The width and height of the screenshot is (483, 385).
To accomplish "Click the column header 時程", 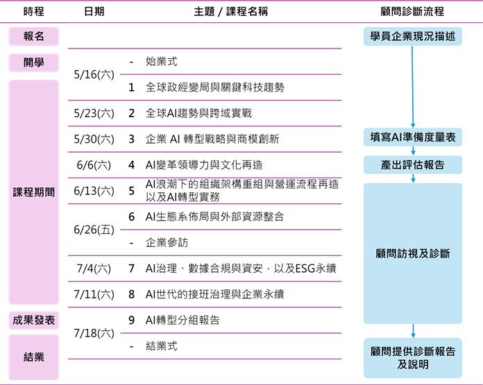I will [33, 12].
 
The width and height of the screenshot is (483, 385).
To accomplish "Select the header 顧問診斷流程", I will [412, 12].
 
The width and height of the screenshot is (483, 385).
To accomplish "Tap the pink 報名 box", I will [33, 36].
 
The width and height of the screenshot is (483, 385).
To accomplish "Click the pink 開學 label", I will [33, 62].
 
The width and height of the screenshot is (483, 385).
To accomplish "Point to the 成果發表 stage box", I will [33, 320].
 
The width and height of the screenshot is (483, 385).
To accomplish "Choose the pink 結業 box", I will [33, 357].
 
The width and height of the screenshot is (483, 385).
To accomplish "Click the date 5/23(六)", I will [94, 113].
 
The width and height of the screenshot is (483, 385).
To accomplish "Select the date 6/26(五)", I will [94, 230].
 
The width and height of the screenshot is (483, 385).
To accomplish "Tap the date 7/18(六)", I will [94, 333].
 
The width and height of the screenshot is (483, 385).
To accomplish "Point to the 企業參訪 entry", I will [167, 243].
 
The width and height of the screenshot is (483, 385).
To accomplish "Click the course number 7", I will [131, 268].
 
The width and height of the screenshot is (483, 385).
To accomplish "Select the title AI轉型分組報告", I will [183, 320].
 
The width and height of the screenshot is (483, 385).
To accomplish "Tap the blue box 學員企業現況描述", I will [412, 36].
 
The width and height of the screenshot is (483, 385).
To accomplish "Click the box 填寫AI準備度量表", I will [412, 137].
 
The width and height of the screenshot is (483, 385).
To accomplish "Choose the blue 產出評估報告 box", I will [412, 164].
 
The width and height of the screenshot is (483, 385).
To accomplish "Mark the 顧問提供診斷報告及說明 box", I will [412, 357].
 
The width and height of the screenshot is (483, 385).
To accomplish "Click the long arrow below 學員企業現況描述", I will [412, 87].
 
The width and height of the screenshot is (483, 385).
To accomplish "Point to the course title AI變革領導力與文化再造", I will [204, 165].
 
